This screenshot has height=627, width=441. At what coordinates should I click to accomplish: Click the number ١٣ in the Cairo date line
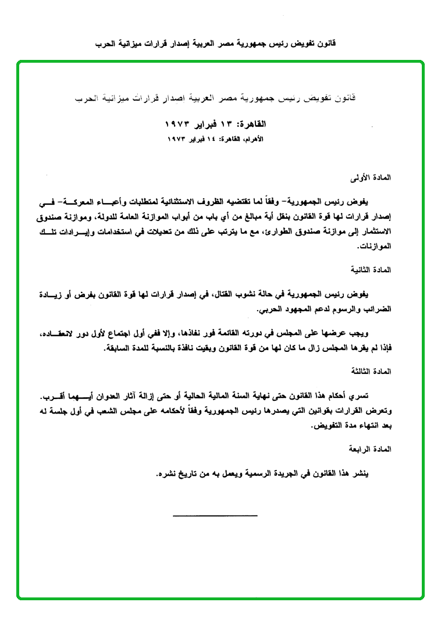tap(226, 124)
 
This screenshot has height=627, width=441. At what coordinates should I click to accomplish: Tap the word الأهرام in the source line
tap(251, 139)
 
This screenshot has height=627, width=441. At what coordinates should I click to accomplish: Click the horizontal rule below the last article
tap(215, 515)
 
